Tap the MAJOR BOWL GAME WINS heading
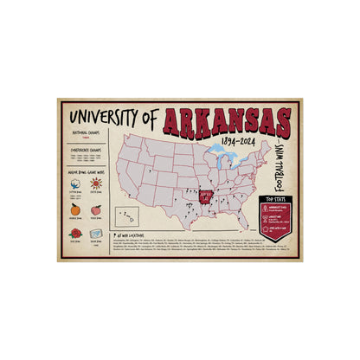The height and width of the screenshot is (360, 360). point(86,170)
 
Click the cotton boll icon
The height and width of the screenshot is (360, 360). point(74,185)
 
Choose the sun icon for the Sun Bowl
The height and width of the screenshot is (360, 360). point(97,184)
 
